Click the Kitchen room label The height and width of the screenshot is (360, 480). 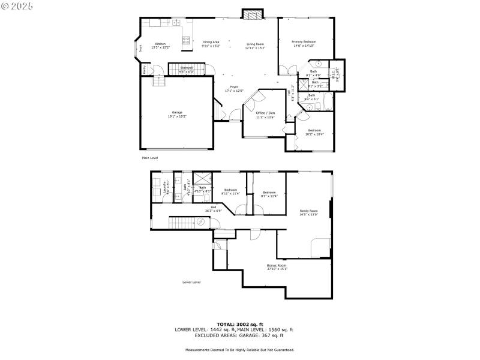pyautogui.click(x=160, y=45)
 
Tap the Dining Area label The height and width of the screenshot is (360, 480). pyautogui.click(x=211, y=44)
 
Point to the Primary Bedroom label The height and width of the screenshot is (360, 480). pyautogui.click(x=304, y=43)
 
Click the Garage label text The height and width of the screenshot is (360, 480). pyautogui.click(x=177, y=114)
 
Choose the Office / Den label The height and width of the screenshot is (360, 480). pyautogui.click(x=265, y=115)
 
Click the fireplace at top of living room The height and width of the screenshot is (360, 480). pyautogui.click(x=253, y=14)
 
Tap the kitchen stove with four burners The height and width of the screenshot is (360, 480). pyautogui.click(x=186, y=41)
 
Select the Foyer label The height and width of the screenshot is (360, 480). pyautogui.click(x=234, y=89)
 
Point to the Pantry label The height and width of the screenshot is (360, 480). pyautogui.click(x=145, y=69)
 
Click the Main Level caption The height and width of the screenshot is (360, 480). pyautogui.click(x=149, y=158)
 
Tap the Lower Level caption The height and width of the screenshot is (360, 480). pyautogui.click(x=191, y=282)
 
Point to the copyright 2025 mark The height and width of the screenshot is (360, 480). pyautogui.click(x=17, y=5)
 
